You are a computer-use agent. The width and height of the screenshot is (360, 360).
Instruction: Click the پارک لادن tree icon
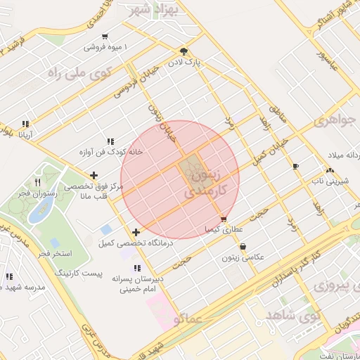(184, 51)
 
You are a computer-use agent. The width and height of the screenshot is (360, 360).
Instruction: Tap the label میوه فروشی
(103, 47)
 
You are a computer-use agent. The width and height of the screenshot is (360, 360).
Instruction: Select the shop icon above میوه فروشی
(104, 37)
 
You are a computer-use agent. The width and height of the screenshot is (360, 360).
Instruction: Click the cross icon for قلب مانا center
(94, 175)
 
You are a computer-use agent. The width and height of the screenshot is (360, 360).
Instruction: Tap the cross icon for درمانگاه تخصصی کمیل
(136, 232)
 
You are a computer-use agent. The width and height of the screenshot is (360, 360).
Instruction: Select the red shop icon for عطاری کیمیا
(224, 219)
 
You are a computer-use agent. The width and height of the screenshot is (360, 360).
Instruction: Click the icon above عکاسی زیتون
(243, 247)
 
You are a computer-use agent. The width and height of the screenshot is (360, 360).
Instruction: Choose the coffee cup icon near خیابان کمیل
(295, 167)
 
